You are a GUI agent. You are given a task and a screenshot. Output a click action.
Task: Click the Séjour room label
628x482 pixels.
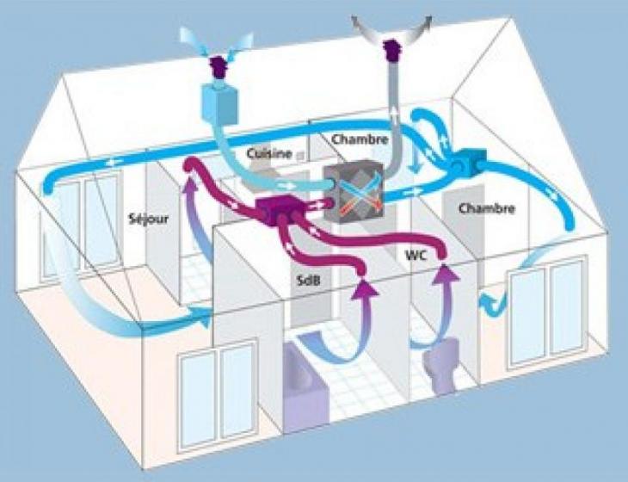(149, 219)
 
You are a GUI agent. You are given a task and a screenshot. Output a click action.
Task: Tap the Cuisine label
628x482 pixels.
(268, 153)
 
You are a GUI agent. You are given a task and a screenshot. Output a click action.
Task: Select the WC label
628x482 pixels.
(417, 255)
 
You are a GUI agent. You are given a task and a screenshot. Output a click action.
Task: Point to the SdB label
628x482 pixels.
(308, 281)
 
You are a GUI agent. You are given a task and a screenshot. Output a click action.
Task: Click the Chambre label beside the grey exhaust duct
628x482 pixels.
(360, 139)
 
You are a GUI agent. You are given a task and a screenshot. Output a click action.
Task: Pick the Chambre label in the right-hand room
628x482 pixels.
(487, 208)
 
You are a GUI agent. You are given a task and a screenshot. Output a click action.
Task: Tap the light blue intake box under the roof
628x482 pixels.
(220, 103)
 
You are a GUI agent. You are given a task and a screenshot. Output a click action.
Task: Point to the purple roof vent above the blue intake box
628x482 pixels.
(218, 69)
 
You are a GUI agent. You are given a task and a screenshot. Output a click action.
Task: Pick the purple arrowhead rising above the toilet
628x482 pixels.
(445, 272)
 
